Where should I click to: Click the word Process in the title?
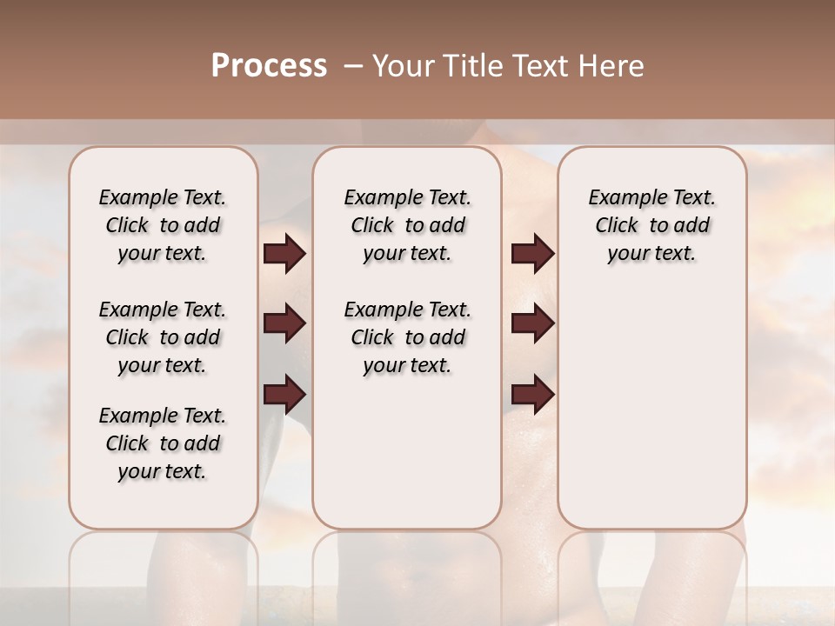click(x=269, y=66)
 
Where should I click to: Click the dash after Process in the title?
click(x=353, y=67)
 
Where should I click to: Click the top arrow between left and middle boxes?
click(x=284, y=254)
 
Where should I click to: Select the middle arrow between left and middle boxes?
click(x=284, y=324)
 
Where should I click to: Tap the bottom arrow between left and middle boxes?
click(x=284, y=395)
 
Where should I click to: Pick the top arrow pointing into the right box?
click(x=532, y=254)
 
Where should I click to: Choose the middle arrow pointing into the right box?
click(x=532, y=324)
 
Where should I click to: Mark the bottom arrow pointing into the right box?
click(x=532, y=395)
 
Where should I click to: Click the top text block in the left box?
click(x=163, y=225)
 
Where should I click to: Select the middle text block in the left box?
click(x=163, y=337)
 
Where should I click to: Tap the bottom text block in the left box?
click(x=163, y=443)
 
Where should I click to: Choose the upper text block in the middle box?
click(x=407, y=225)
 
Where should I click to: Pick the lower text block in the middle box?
click(x=407, y=337)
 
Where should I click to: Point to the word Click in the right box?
click(x=617, y=226)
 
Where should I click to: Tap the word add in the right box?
click(x=691, y=226)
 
